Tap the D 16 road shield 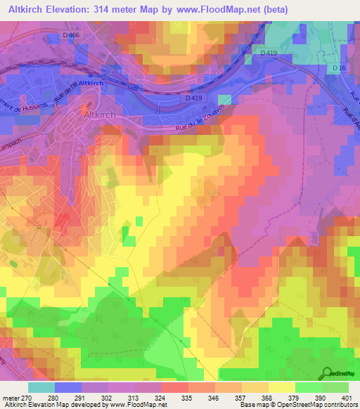pyautogui.click(x=339, y=67)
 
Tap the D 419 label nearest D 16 pyautogui.click(x=269, y=53)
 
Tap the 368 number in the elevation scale pyautogui.click(x=268, y=398)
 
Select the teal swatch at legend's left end pyautogui.click(x=41, y=387)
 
